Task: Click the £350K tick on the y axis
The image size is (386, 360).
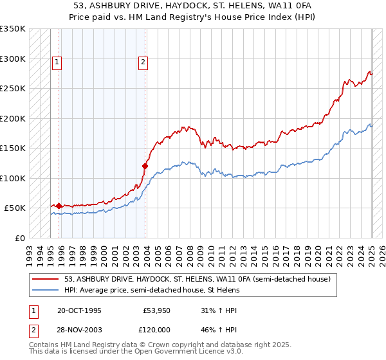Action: tap(13, 29)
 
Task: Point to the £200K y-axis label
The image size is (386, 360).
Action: tap(13, 119)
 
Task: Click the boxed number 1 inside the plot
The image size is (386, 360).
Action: tap(57, 62)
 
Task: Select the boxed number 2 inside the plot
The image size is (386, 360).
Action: tap(142, 62)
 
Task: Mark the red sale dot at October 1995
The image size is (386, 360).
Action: tap(59, 206)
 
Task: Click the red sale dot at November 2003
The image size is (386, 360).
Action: tap(145, 166)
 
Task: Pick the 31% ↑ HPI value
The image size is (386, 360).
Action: tap(219, 310)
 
